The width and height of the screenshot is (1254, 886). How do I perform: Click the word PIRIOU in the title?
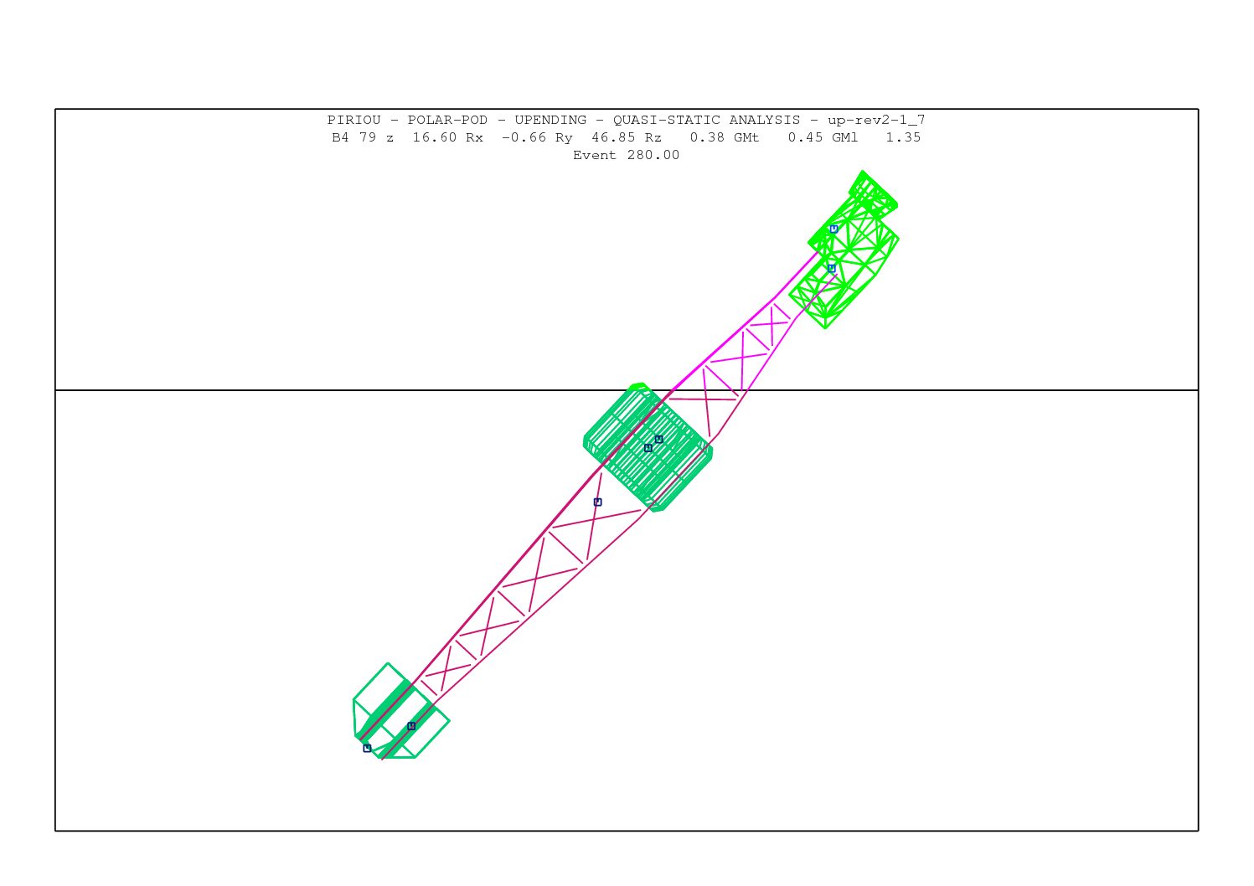tap(353, 121)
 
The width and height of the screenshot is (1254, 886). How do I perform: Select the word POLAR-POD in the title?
tap(447, 121)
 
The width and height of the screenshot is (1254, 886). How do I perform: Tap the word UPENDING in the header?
tap(550, 121)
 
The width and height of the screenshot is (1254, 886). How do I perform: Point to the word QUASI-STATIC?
tap(666, 121)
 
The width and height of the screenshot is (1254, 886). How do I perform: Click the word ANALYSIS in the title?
tap(765, 121)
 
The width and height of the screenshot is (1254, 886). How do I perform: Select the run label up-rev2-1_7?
tap(876, 121)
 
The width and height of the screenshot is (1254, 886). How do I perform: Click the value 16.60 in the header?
tap(435, 137)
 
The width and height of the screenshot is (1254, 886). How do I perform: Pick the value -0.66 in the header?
tap(524, 137)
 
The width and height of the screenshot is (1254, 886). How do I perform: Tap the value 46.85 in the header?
tap(613, 137)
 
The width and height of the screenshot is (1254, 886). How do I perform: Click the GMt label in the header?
tap(746, 137)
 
